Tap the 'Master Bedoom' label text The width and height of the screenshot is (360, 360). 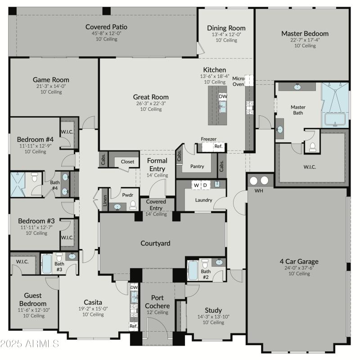305,33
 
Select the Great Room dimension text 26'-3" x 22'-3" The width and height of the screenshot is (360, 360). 151,103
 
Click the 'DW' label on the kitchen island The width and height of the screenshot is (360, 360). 223,96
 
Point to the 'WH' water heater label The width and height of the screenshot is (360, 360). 258,191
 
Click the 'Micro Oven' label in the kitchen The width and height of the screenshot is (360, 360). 238,81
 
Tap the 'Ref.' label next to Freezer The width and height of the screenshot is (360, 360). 218,146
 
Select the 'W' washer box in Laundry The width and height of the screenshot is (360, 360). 196,185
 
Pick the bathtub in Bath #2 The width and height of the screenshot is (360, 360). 193,270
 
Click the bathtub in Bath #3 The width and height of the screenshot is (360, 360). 47,264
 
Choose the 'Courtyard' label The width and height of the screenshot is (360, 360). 155,243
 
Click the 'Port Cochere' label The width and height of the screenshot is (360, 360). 157,301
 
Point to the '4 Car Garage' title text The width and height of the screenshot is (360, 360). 299,261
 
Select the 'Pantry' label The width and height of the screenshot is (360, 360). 197,166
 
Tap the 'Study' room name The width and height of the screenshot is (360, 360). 213,310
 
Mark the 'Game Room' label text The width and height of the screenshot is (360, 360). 51,80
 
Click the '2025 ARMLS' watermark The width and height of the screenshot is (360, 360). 30,344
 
